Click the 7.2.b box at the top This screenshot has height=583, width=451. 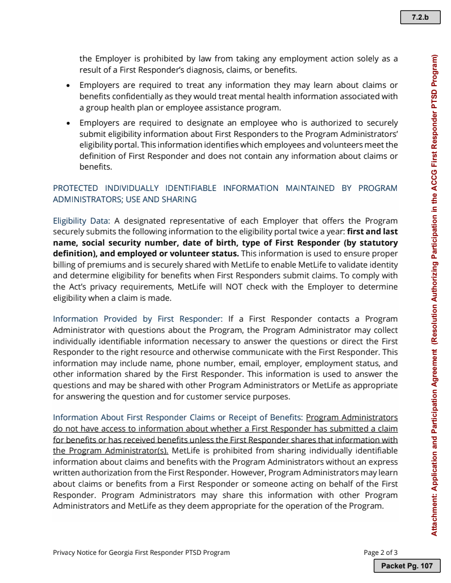pyautogui.click(x=420, y=17)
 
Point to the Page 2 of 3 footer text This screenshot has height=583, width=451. pyautogui.click(x=381, y=552)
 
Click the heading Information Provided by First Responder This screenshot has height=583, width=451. pyautogui.click(x=138, y=319)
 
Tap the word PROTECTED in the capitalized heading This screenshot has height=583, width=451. pyautogui.click(x=76, y=188)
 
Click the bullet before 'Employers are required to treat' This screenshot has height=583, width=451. pyautogui.click(x=68, y=86)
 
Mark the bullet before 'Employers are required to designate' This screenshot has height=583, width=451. pyautogui.click(x=68, y=123)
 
